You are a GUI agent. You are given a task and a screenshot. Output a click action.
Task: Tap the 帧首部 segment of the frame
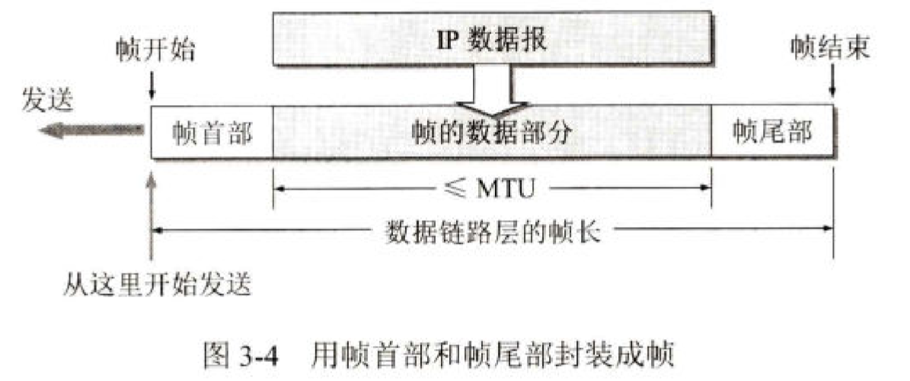point(212,131)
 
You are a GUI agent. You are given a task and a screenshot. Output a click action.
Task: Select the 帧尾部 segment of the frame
point(772,131)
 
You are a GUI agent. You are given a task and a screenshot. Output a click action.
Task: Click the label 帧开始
point(155,50)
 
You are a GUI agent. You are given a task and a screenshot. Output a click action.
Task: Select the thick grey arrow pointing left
point(91,131)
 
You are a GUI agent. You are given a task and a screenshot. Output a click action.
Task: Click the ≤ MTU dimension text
point(492,185)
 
